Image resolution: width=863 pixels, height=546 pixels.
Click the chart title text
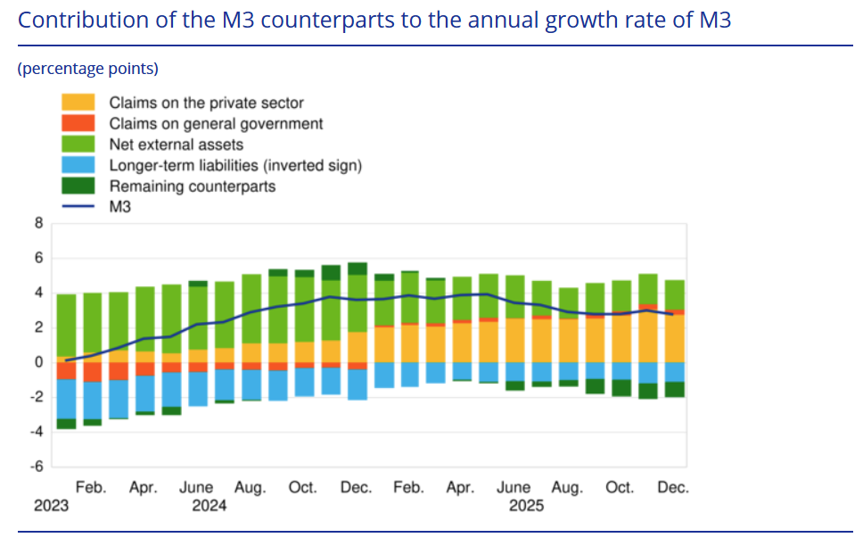pos(374,20)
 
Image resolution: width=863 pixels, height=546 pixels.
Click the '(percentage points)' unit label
pos(87,69)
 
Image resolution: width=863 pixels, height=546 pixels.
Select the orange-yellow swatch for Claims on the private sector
pos(78,103)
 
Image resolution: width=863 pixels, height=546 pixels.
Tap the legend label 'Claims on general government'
pos(216,124)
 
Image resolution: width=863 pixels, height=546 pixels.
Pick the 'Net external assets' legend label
pos(177,145)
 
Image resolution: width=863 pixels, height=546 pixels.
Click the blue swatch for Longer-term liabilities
pos(78,165)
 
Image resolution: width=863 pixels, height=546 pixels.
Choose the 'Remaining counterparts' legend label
pos(193,186)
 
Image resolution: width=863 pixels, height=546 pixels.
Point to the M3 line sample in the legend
pos(78,207)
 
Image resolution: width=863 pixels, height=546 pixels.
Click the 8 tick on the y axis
pos(38,224)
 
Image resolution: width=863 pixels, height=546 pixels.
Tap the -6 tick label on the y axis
pos(37,467)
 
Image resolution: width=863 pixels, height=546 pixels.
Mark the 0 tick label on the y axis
pos(38,362)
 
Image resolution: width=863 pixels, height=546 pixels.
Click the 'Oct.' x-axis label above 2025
pos(619,488)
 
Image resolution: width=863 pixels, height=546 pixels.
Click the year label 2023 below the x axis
pos(51,506)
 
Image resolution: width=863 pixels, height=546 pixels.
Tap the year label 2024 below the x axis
pos(210,506)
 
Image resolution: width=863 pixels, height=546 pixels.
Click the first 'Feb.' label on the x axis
pos(90,488)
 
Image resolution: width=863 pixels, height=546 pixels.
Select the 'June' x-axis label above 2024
pos(196,488)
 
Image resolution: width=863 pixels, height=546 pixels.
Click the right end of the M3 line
pos(672,314)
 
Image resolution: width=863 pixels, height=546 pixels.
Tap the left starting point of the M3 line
pos(66,360)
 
